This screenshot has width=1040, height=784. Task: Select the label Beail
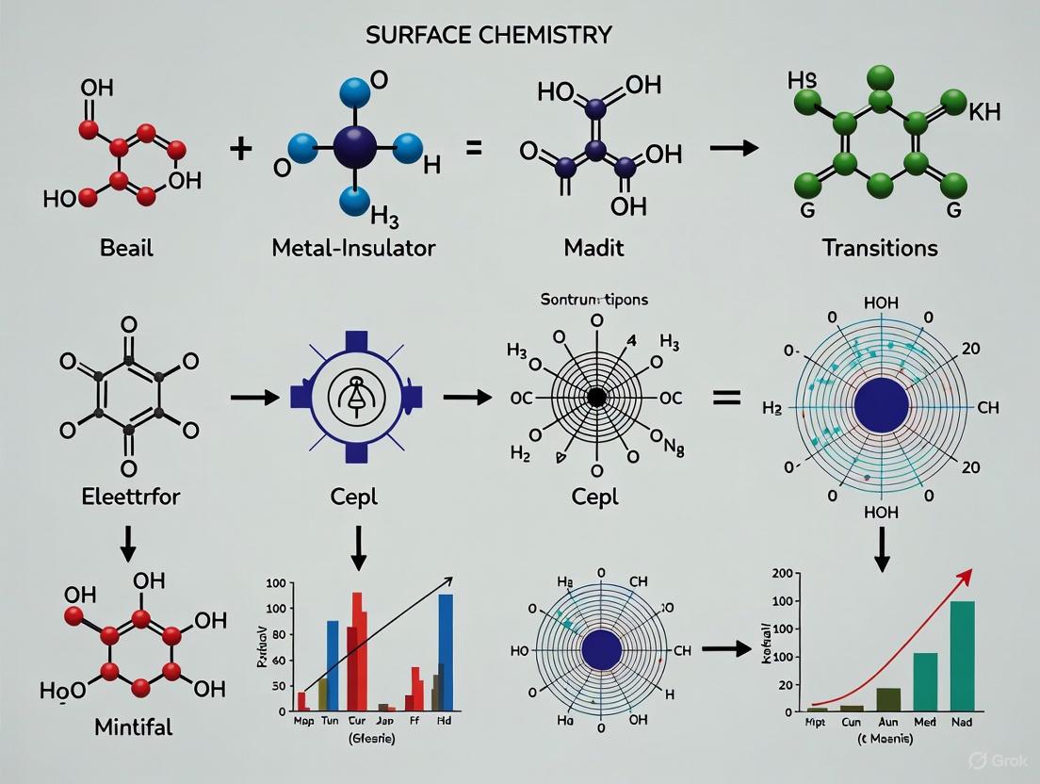pos(126,249)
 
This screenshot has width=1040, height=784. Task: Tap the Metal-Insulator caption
pos(352,249)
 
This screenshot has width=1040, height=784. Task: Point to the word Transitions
pos(880,248)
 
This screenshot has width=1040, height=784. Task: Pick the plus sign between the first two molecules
pos(241,148)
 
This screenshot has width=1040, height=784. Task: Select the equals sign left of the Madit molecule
pos(475,147)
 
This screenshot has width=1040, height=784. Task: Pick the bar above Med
pos(925,680)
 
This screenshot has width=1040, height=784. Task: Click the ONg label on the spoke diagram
pos(666,434)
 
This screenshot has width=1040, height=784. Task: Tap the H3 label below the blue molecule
pos(384,219)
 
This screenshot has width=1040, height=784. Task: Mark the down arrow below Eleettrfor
pos(127,540)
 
